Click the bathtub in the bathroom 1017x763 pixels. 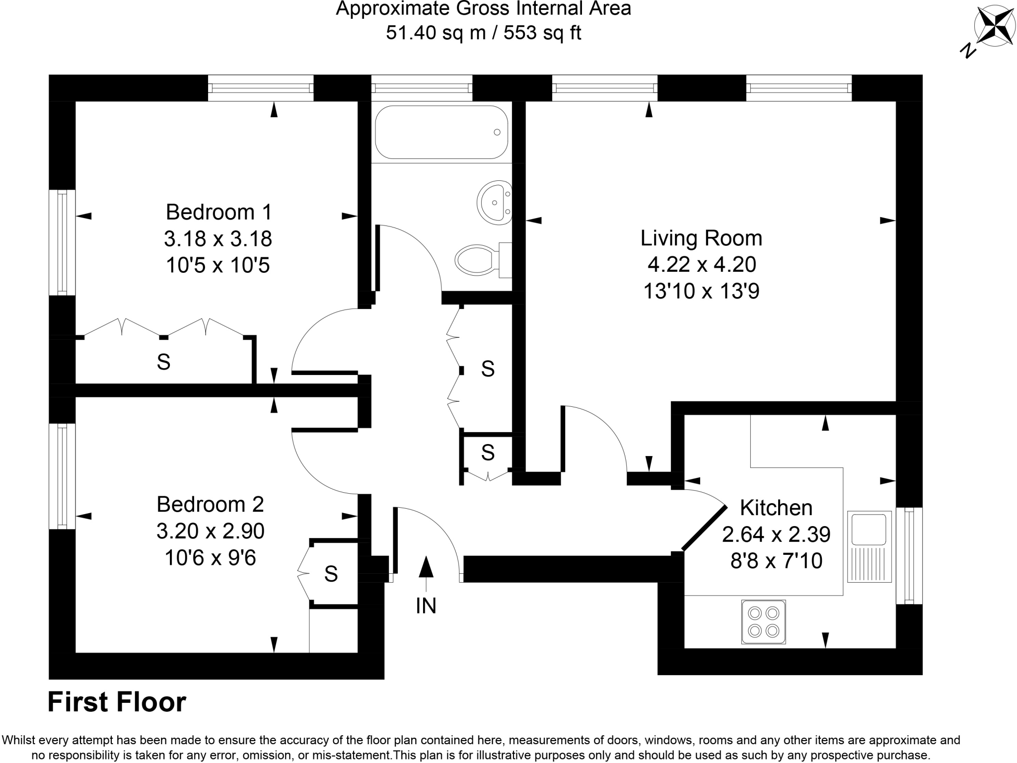click(441, 132)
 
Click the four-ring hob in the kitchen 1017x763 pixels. click(763, 622)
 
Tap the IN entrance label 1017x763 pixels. click(426, 606)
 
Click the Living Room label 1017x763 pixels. click(701, 238)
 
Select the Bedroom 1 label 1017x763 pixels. click(218, 212)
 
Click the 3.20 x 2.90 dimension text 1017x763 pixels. click(211, 531)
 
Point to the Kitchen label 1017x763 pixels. click(776, 508)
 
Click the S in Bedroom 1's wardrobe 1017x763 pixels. click(163, 362)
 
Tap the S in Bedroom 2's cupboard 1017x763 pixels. click(331, 574)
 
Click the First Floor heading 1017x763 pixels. click(117, 702)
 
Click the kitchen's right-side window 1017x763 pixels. click(909, 555)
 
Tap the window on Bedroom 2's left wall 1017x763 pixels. click(62, 476)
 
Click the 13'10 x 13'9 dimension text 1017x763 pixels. click(701, 291)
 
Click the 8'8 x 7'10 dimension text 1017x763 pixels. click(776, 561)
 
